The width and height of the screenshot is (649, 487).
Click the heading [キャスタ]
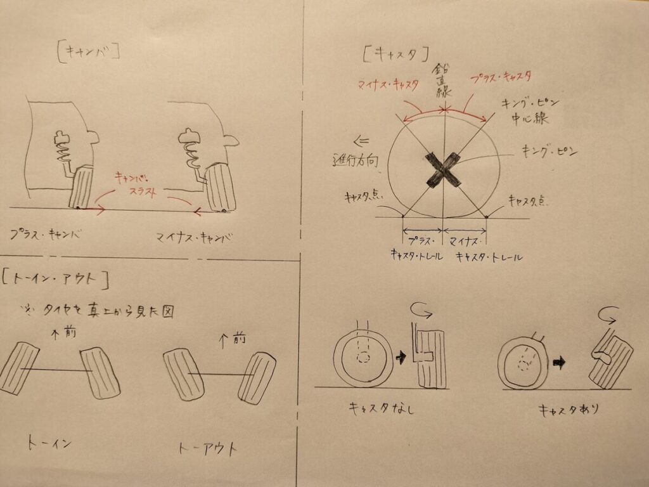tap(395, 54)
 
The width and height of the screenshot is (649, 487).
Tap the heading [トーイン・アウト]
tap(56, 279)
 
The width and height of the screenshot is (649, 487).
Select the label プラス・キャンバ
tap(46, 235)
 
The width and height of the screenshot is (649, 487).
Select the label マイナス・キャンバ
tap(194, 238)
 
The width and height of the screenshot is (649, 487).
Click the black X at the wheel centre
tap(443, 170)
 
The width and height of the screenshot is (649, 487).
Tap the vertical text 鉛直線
tap(442, 81)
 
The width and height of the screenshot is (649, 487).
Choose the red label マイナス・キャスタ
tap(389, 84)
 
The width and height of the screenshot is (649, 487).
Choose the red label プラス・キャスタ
tap(501, 78)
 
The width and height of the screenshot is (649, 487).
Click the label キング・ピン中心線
tap(530, 111)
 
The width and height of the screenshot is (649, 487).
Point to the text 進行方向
tap(356, 160)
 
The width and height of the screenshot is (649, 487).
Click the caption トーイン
tap(49, 443)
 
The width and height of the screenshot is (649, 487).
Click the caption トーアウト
tap(208, 448)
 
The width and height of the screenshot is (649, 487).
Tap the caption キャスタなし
tap(382, 408)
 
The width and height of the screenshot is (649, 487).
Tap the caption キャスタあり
tap(569, 410)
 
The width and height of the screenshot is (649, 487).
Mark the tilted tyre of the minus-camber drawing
tap(221, 188)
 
